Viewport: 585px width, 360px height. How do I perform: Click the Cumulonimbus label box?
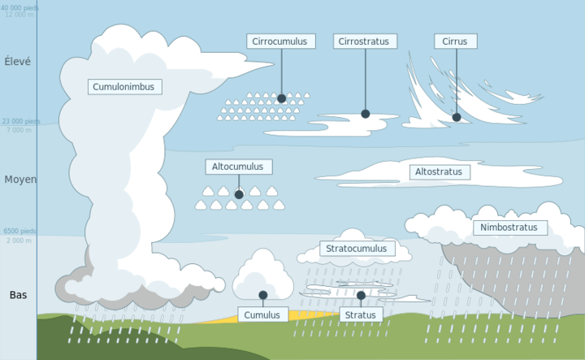click(x=124, y=86)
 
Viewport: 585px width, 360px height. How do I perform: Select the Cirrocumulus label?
click(x=280, y=41)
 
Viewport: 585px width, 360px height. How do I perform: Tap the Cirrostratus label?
click(x=364, y=41)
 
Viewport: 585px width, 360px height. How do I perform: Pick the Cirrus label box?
click(x=455, y=41)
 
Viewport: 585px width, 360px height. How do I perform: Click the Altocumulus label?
click(x=238, y=167)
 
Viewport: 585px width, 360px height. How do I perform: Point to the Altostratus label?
click(x=438, y=172)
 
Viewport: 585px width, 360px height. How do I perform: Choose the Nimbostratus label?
click(x=509, y=228)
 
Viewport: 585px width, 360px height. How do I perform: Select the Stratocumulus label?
click(x=357, y=248)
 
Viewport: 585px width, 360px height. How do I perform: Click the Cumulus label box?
click(x=262, y=314)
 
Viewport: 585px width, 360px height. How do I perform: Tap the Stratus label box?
click(x=360, y=314)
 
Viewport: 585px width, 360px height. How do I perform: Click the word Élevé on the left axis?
click(x=18, y=61)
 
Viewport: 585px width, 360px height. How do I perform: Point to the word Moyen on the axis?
click(x=19, y=180)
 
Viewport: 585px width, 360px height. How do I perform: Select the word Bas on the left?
click(x=18, y=295)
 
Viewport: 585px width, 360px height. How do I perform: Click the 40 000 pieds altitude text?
click(x=19, y=7)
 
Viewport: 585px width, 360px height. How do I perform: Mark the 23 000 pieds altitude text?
click(x=19, y=121)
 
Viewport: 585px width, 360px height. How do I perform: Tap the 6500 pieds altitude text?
click(x=19, y=232)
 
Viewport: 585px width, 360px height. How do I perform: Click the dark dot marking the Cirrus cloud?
click(x=457, y=117)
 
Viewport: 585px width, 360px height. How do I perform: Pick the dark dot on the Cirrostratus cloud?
click(x=365, y=114)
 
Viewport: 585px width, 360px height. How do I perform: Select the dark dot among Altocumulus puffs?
click(x=239, y=194)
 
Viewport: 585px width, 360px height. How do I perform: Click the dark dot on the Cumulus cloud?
click(x=262, y=295)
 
